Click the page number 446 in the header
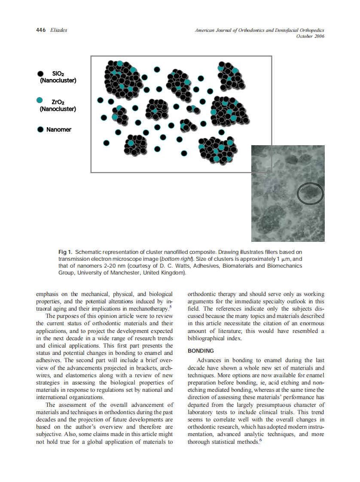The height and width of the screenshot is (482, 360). click(41, 30)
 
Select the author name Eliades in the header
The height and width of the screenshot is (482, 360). click(58, 30)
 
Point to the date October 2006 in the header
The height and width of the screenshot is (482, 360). click(310, 36)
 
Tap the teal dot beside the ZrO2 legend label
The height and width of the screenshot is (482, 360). click(40, 100)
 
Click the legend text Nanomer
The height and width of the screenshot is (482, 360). click(59, 129)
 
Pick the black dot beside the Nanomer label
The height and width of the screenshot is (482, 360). click(40, 129)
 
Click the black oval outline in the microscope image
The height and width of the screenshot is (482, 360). click(310, 194)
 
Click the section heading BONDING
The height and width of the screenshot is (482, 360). click(201, 351)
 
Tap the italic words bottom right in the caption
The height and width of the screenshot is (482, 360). click(176, 259)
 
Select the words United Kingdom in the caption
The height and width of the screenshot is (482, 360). click(164, 273)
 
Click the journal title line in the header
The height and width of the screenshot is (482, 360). click(259, 30)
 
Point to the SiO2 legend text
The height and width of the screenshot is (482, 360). click(58, 73)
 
